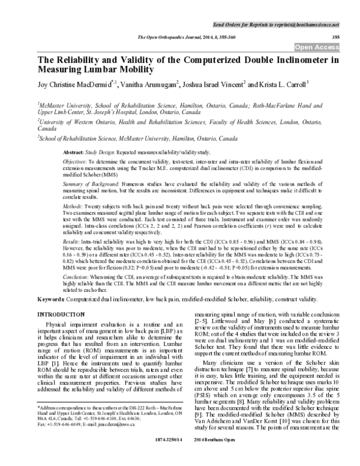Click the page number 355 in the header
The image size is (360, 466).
click(335, 37)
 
